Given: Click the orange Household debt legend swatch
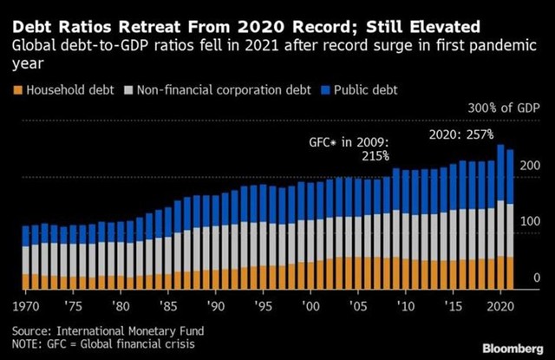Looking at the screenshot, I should click(x=17, y=89).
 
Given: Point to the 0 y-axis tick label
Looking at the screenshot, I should click(x=537, y=278).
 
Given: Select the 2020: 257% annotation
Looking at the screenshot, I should click(x=461, y=134).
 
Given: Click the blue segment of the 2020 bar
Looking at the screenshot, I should click(x=500, y=173).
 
